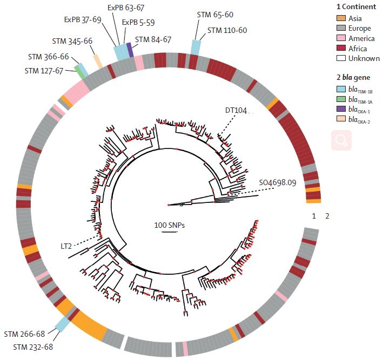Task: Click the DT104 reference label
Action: (236, 111)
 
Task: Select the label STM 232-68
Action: (33, 346)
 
